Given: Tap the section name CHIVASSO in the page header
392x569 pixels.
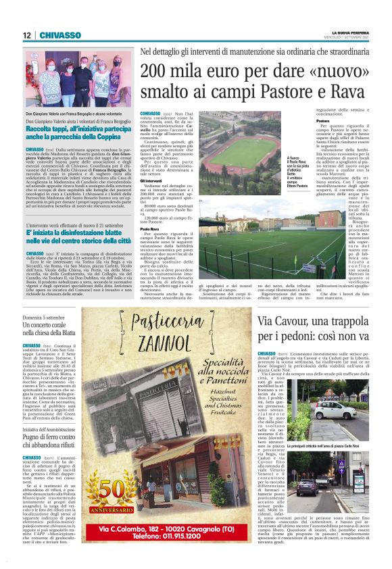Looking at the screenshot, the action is (60, 35).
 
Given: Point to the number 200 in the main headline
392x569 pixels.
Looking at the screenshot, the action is (157, 72).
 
